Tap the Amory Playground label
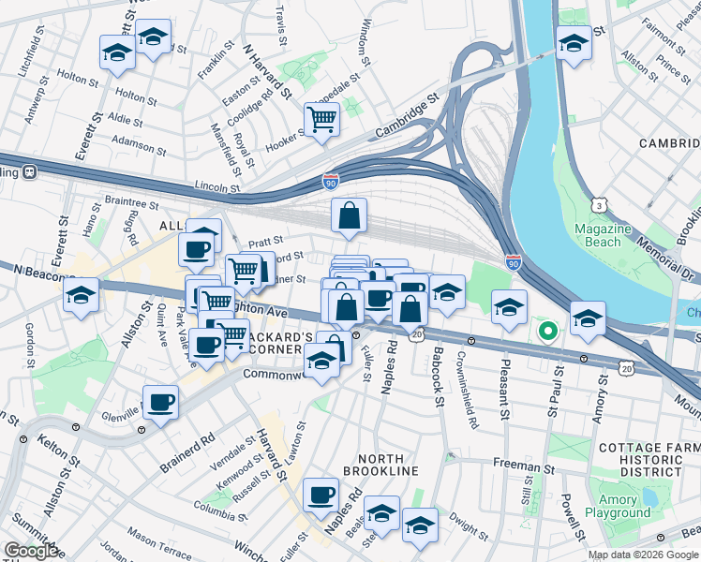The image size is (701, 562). click(618, 506)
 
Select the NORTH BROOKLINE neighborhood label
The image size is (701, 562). click(373, 463)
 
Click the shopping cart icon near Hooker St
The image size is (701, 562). click(321, 120)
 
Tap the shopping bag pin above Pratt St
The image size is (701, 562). click(349, 216)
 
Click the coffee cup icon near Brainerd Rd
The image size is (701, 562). click(161, 403)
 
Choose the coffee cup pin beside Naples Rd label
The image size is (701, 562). click(321, 494)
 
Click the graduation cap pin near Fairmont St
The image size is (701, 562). click(574, 42)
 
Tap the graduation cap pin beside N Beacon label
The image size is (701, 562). click(82, 296)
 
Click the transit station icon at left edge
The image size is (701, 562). click(30, 171)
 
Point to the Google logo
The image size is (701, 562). click(32, 551)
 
